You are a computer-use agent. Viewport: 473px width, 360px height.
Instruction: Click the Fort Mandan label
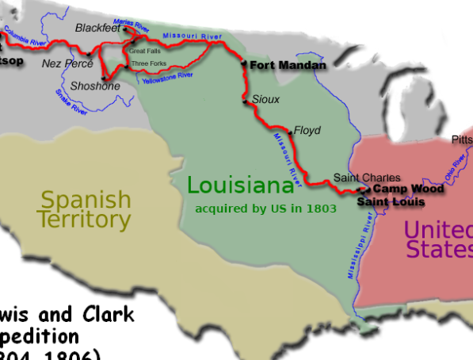(288, 66)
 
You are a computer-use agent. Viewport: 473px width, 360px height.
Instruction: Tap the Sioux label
(265, 100)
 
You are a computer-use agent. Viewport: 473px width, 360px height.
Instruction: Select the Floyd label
(307, 130)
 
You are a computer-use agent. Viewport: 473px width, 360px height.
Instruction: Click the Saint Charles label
(367, 178)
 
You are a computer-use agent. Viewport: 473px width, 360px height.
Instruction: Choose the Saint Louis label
(391, 202)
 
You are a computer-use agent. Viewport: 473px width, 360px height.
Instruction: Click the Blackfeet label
(97, 28)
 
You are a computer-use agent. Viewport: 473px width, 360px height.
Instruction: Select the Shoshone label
(95, 86)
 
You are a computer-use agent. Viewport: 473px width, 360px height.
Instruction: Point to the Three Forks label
(149, 63)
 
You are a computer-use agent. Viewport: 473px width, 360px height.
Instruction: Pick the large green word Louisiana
(240, 186)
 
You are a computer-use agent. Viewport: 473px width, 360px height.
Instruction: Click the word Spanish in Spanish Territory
(86, 199)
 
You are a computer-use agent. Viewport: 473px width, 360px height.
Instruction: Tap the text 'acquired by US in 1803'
(266, 209)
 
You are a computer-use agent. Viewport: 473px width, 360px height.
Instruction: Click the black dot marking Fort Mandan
(244, 63)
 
